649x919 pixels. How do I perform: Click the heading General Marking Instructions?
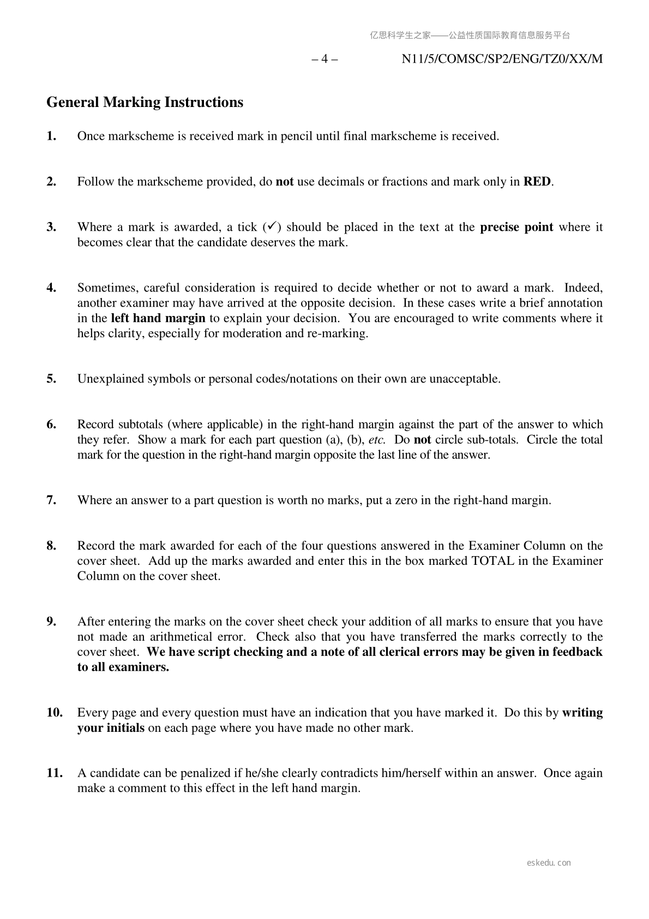pyautogui.click(x=145, y=103)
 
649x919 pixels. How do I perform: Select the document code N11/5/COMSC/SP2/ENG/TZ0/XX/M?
pyautogui.click(x=502, y=59)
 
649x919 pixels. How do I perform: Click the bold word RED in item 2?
pyautogui.click(x=537, y=182)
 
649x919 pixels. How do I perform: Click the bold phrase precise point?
pyautogui.click(x=516, y=227)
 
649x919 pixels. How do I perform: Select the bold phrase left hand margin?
pyautogui.click(x=158, y=318)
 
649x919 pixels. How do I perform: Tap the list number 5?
pyautogui.click(x=51, y=379)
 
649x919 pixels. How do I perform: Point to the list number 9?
pyautogui.click(x=51, y=622)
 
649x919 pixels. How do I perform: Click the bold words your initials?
pyautogui.click(x=111, y=728)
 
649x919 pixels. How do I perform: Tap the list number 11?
pyautogui.click(x=54, y=773)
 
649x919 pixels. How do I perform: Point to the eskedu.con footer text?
pyautogui.click(x=549, y=863)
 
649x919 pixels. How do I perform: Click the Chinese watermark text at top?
pyautogui.click(x=470, y=35)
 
